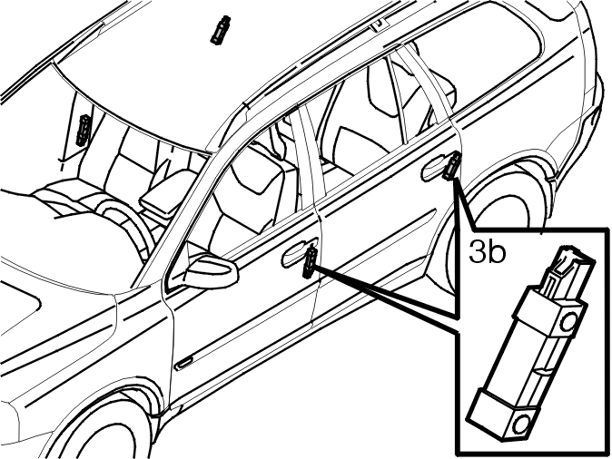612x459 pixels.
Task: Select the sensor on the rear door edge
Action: click(451, 166)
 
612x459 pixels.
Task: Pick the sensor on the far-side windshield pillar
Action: click(84, 130)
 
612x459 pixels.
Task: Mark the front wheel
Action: click(105, 425)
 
